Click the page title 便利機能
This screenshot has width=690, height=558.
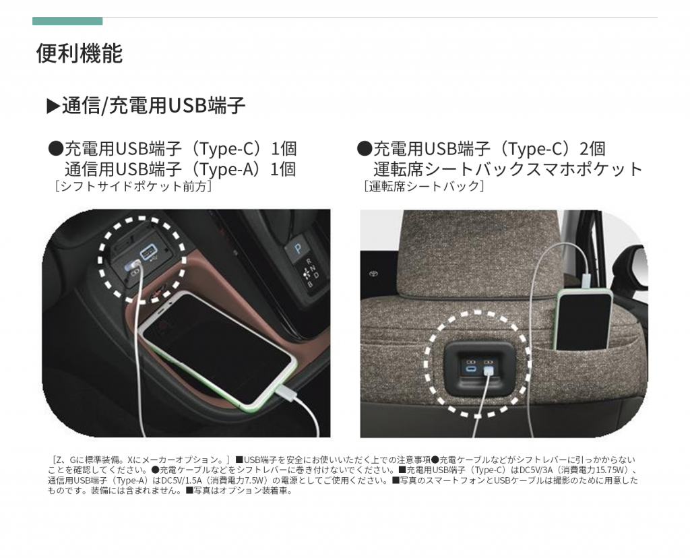pyautogui.click(x=80, y=53)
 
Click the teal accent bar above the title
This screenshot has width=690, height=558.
pyautogui.click(x=67, y=21)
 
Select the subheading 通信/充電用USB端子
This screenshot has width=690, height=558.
pyautogui.click(x=154, y=106)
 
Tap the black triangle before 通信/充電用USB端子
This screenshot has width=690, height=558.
pyautogui.click(x=53, y=106)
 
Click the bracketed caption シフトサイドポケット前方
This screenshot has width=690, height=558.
pyautogui.click(x=133, y=186)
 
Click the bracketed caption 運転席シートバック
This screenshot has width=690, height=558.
pyautogui.click(x=425, y=186)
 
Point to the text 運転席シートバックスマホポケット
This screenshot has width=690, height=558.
pyautogui.click(x=508, y=169)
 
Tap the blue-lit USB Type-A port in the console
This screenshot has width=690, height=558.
pyautogui.click(x=148, y=253)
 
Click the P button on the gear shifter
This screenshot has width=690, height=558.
pyautogui.click(x=298, y=249)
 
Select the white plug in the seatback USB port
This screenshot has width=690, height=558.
pyautogui.click(x=488, y=372)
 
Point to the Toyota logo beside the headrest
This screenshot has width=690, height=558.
pyautogui.click(x=373, y=274)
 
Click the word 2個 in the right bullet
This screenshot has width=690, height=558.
pyautogui.click(x=592, y=149)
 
